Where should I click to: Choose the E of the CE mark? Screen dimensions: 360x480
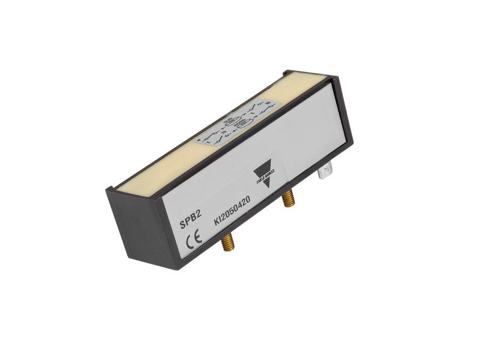point(199,236)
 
